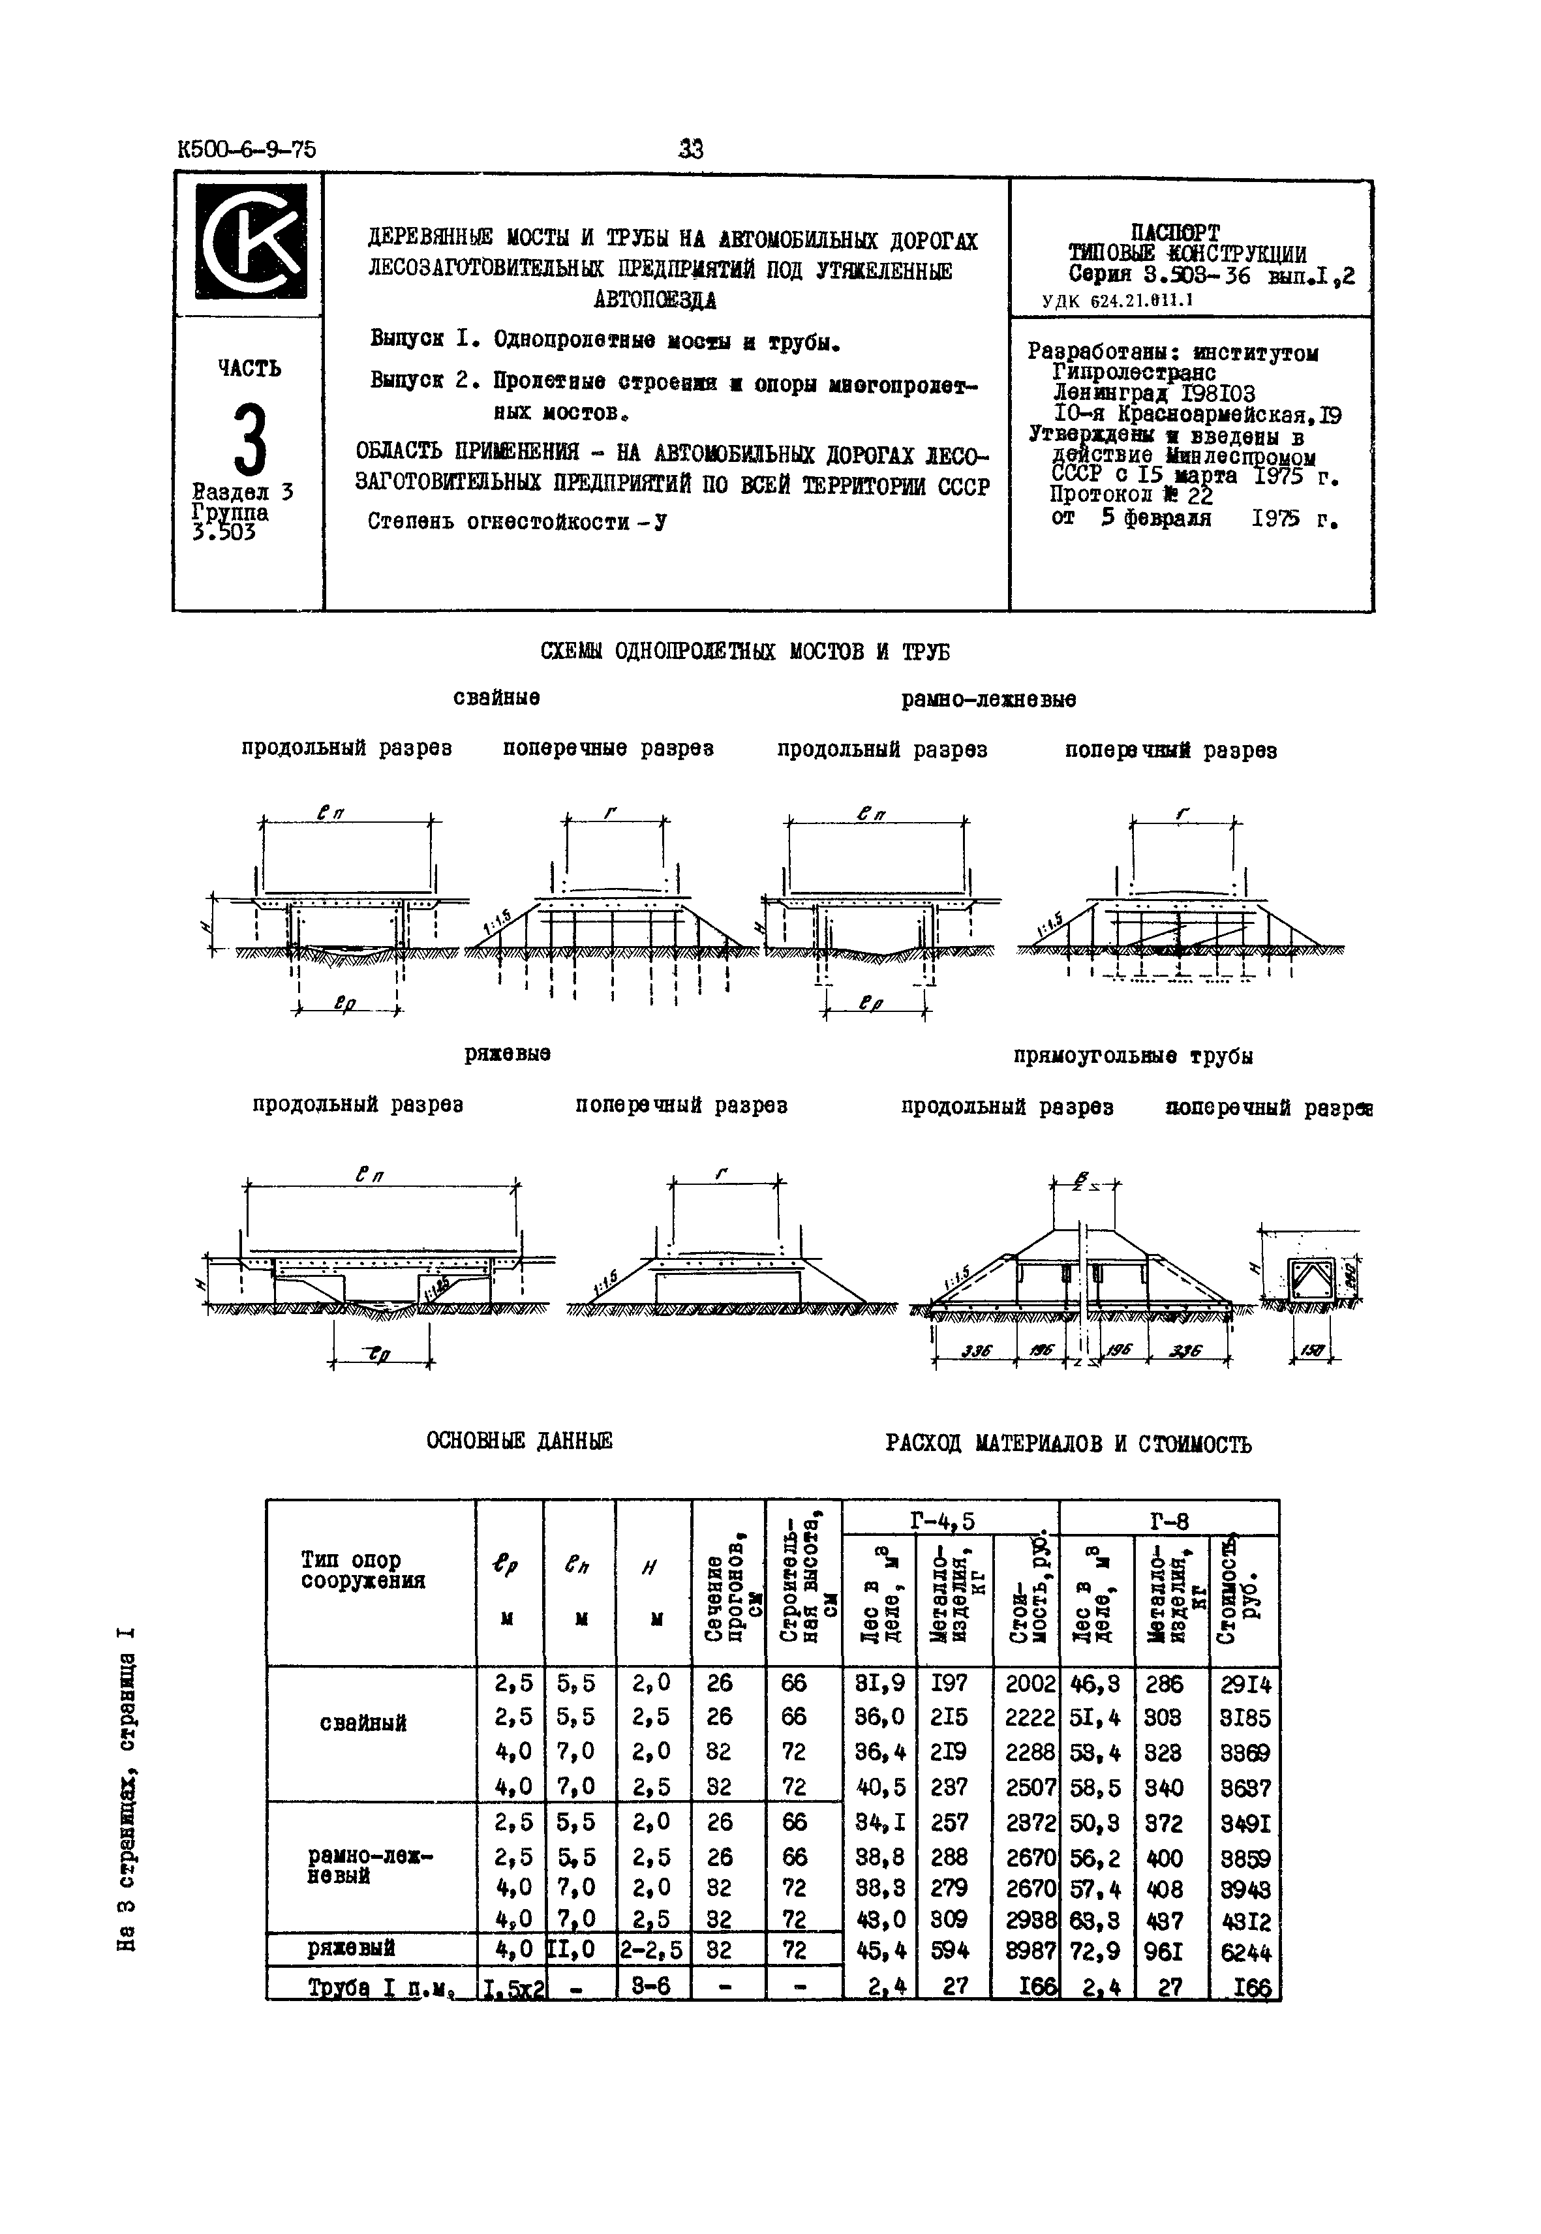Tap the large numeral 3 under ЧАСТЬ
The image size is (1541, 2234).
coord(249,438)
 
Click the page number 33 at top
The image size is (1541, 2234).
coord(692,149)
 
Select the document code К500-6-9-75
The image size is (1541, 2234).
coord(247,149)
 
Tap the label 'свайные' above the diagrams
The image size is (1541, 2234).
coord(496,697)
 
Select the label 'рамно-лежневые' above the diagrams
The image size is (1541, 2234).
coord(988,699)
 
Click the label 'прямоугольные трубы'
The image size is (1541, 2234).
coord(1133,1056)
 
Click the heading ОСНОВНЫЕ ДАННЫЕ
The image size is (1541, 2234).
coord(519,1441)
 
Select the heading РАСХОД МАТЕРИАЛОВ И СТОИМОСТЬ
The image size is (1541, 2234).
coord(1068,1445)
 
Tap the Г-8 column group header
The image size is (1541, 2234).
coord(1168,1522)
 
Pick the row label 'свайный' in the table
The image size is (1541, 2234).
coord(362,1723)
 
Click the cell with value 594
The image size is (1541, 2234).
coord(952,1951)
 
